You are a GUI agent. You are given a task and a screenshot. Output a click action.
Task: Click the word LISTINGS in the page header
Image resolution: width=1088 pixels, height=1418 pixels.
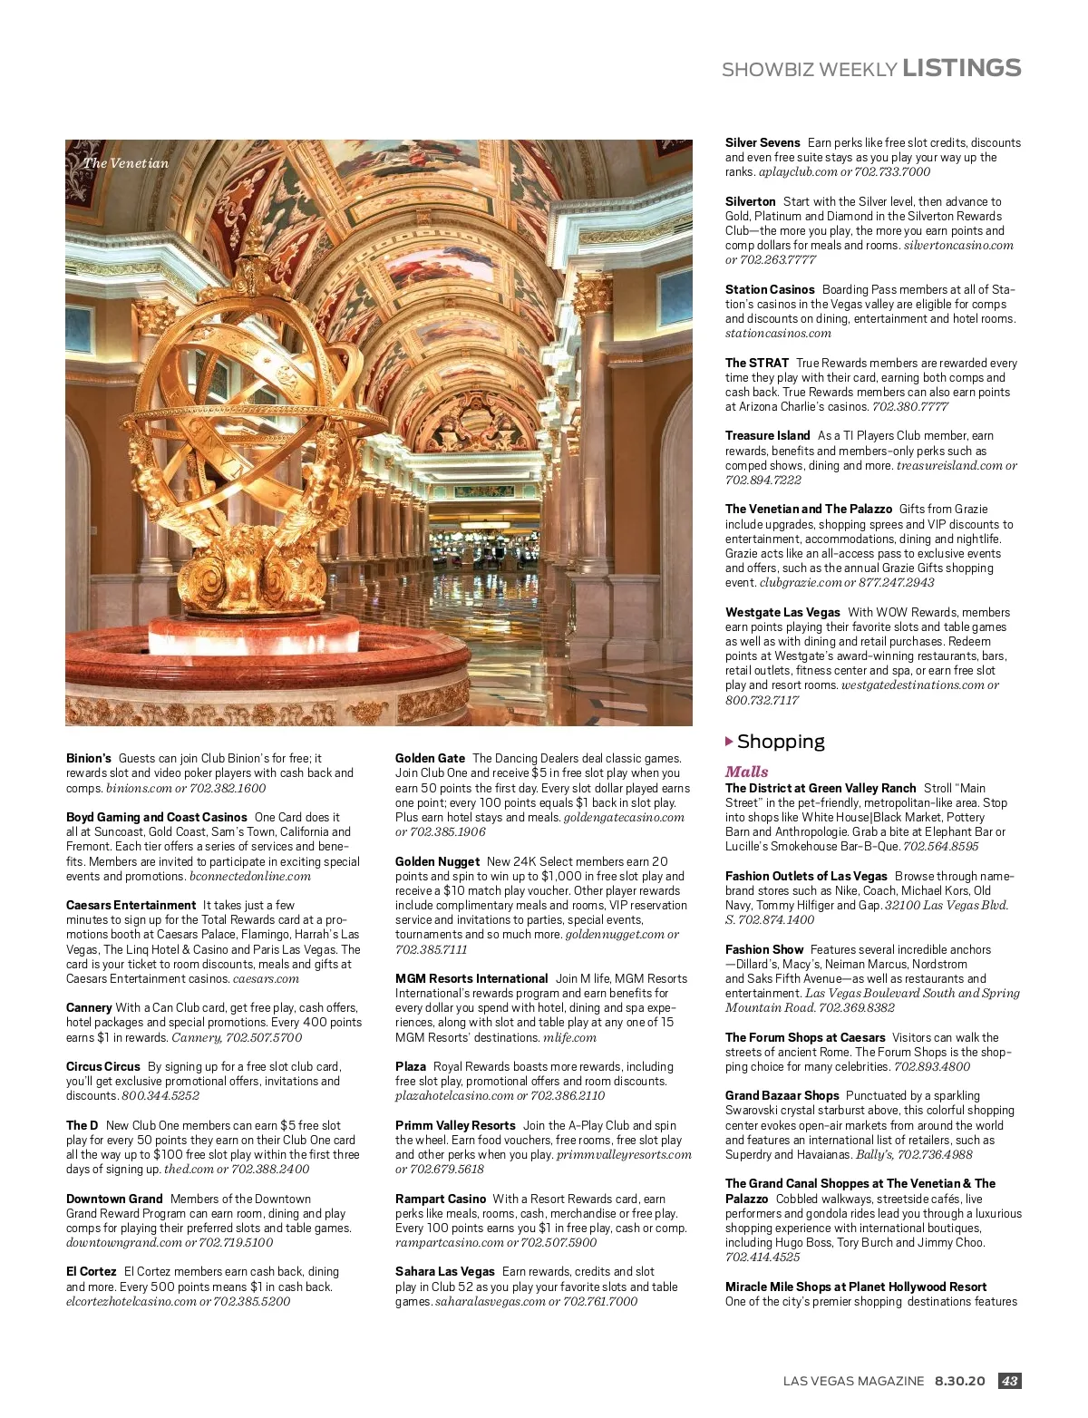961,68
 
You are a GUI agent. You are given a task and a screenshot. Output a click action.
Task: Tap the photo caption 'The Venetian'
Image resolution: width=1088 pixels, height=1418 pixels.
126,163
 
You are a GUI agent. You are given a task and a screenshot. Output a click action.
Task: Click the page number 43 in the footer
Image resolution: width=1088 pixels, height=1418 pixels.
1009,1381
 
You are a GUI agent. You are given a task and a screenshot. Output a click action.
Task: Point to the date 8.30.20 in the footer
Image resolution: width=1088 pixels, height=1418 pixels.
959,1381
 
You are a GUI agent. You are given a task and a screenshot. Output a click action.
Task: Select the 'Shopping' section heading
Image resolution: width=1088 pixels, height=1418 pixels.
781,742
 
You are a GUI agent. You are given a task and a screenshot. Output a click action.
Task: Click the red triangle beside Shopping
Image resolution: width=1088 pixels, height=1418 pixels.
729,742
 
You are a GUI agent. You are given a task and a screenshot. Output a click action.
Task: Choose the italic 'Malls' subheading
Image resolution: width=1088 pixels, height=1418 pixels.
746,772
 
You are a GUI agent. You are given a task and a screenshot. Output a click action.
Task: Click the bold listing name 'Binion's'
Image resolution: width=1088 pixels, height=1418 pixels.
89,758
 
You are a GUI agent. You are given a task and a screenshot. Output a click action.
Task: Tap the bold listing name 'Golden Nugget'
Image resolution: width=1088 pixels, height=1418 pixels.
437,861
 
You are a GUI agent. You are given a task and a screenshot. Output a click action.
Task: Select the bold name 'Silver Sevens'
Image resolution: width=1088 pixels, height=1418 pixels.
763,142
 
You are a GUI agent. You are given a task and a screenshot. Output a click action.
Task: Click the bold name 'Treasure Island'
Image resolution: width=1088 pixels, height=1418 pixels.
767,435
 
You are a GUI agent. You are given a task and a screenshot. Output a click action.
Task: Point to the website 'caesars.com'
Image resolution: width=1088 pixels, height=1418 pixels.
266,979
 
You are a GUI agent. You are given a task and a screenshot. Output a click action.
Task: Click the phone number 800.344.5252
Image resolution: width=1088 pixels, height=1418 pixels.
160,1096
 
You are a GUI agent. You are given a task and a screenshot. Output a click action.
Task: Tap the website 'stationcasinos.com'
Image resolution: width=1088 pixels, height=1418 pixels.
778,334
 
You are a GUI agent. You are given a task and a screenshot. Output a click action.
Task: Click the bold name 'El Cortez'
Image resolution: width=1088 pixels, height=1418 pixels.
92,1271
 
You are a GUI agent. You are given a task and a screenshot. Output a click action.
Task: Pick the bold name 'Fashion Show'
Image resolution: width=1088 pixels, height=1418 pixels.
764,949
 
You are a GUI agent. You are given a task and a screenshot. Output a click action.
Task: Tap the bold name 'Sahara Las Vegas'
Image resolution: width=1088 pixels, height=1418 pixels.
445,1271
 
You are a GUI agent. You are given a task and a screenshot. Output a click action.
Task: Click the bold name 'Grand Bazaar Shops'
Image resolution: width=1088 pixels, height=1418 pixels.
782,1095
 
